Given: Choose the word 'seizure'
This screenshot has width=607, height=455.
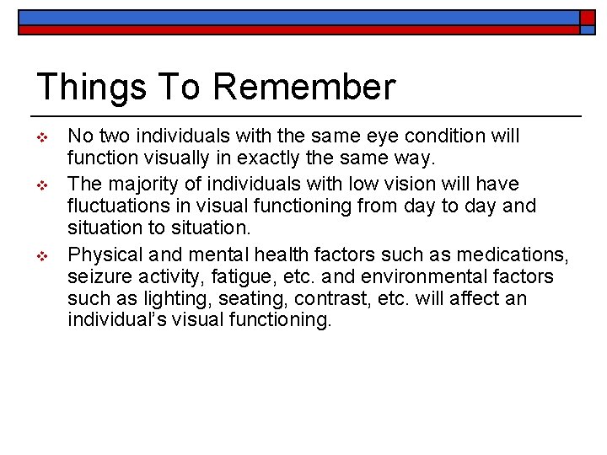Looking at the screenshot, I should pyautogui.click(x=96, y=276).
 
